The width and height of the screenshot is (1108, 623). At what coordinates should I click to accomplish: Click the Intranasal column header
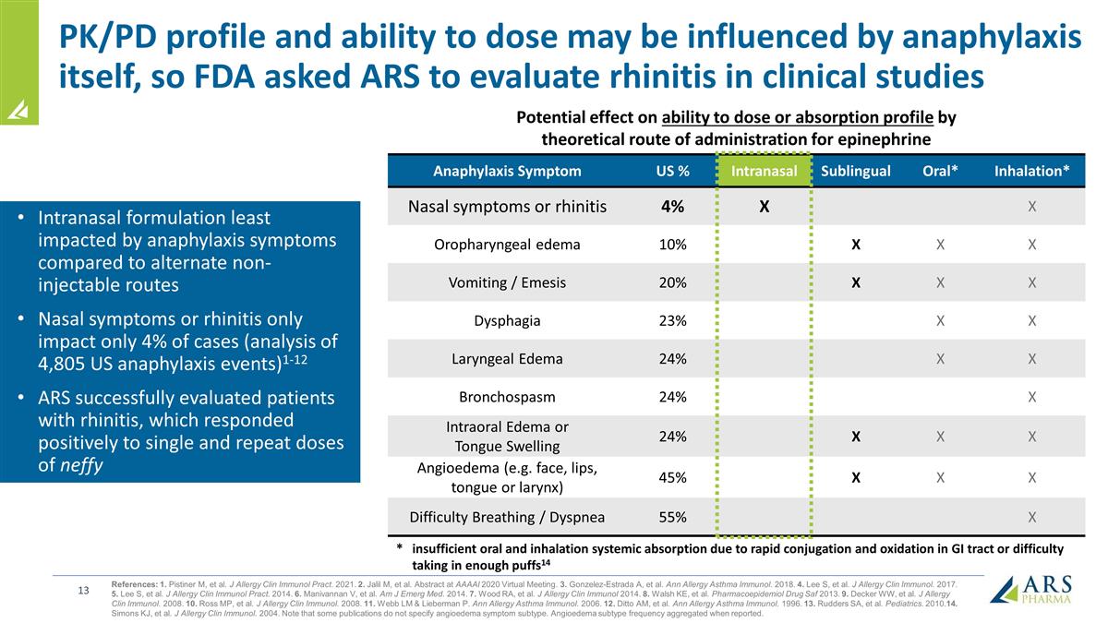tap(764, 171)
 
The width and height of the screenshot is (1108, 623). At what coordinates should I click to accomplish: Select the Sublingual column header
tap(856, 171)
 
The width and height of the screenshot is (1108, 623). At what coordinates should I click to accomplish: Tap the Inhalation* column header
tap(1031, 171)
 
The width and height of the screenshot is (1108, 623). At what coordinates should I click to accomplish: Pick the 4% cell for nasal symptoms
tap(672, 207)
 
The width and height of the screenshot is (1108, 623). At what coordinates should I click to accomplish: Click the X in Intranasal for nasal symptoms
tap(764, 207)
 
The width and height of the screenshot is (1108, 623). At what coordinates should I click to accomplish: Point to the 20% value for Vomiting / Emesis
tap(672, 283)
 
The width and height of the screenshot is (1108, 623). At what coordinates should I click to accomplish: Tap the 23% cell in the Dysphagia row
tap(672, 321)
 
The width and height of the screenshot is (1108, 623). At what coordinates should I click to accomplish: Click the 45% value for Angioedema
tap(672, 478)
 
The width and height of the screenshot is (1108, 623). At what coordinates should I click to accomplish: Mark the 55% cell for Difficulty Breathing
tap(672, 517)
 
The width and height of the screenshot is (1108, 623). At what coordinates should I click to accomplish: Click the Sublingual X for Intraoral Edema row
tap(856, 437)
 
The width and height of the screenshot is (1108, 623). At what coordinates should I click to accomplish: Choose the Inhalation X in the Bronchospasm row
tap(1031, 398)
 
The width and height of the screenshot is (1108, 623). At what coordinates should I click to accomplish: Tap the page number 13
tap(82, 591)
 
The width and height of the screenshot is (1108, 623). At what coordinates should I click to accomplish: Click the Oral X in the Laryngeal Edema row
tap(939, 359)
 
